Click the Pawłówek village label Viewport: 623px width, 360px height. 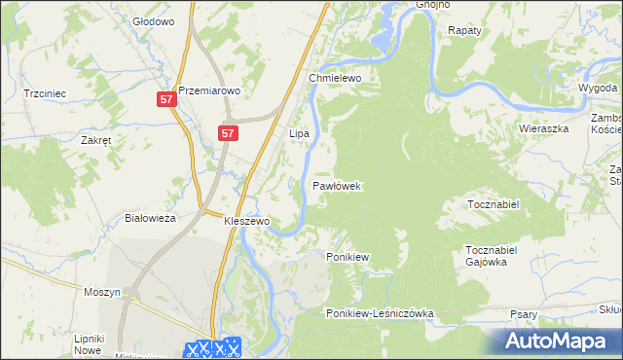point(337,185)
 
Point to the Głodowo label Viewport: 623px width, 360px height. point(152,20)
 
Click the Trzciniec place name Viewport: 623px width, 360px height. point(45,94)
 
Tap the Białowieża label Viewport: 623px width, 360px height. point(150,219)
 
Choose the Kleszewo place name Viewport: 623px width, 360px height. point(246,222)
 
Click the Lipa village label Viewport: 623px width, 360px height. point(299,132)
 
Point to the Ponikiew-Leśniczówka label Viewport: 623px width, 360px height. point(380,314)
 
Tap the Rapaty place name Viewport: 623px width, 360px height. point(464,31)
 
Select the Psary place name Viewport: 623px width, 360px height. point(524,314)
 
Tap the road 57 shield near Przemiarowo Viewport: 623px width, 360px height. point(166,100)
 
